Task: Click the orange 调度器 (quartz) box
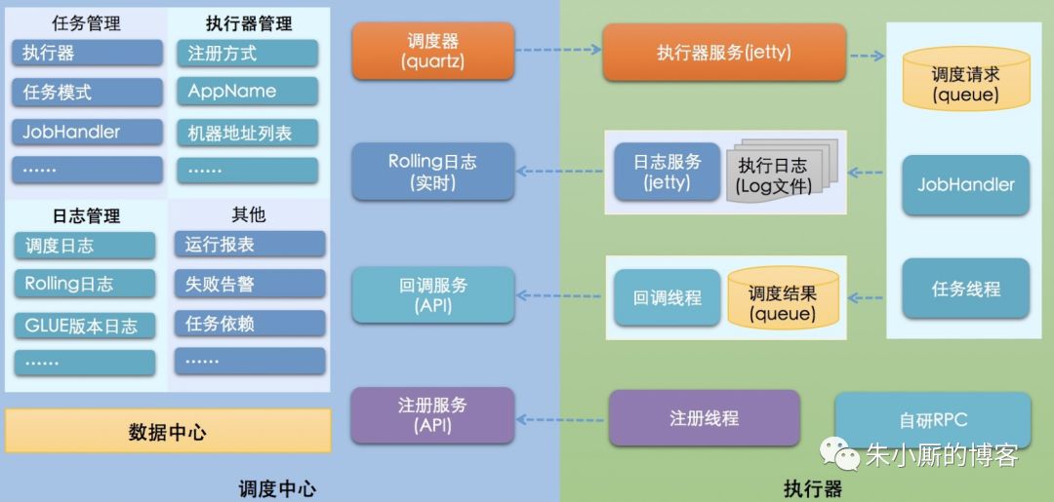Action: pyautogui.click(x=433, y=52)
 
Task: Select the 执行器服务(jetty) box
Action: pyautogui.click(x=723, y=53)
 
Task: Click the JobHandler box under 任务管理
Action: pyautogui.click(x=87, y=132)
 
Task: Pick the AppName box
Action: pyautogui.click(x=247, y=92)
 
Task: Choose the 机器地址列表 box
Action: pyautogui.click(x=247, y=132)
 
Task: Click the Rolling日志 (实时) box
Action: pyautogui.click(x=432, y=172)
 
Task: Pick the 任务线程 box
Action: pyautogui.click(x=965, y=289)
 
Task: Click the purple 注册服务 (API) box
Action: pyautogui.click(x=432, y=415)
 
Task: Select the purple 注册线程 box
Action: pyautogui.click(x=704, y=418)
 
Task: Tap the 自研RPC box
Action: pyautogui.click(x=932, y=420)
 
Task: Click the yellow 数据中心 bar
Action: pyautogui.click(x=168, y=431)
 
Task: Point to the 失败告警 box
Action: pyautogui.click(x=250, y=284)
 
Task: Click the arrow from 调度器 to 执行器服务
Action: pyautogui.click(x=557, y=51)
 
